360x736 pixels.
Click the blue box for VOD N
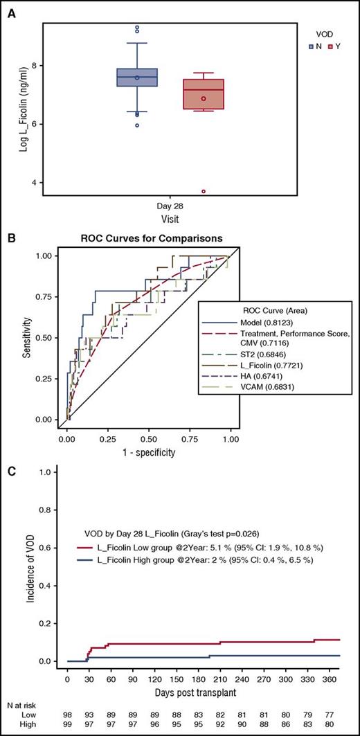pyautogui.click(x=136, y=78)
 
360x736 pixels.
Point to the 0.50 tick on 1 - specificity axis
pyautogui.click(x=149, y=439)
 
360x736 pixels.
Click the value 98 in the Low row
pyautogui.click(x=67, y=712)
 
